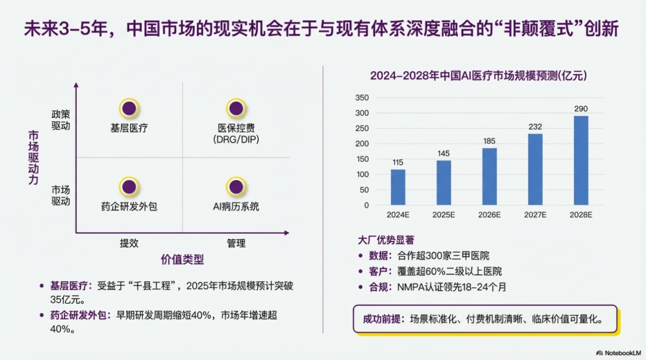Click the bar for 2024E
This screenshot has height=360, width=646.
click(x=398, y=187)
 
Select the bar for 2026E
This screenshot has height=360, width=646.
click(x=489, y=176)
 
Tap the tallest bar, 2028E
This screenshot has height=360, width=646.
click(x=581, y=160)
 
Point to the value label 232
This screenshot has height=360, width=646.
click(x=535, y=127)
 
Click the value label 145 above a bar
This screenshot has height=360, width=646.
click(x=444, y=154)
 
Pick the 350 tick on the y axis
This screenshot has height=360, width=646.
click(x=362, y=97)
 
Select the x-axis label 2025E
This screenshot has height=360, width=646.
click(x=444, y=215)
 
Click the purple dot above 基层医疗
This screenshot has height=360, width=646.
click(x=129, y=108)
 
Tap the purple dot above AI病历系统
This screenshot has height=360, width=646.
click(x=236, y=186)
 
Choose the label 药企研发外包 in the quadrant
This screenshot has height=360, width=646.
click(x=129, y=206)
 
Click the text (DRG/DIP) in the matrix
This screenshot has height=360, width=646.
click(x=236, y=139)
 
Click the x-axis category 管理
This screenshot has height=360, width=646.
click(x=236, y=243)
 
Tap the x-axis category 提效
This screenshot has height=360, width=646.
click(x=129, y=243)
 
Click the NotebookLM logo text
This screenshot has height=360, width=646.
click(x=619, y=353)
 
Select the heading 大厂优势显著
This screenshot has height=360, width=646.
click(x=386, y=240)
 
